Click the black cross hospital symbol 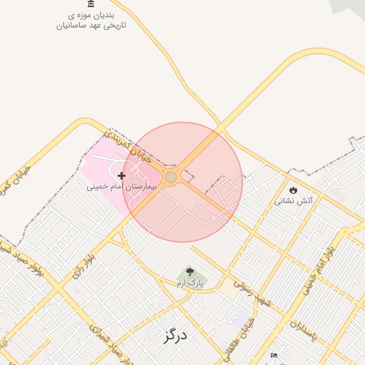(122, 175)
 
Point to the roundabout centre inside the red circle (171, 177)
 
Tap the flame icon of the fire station (294, 190)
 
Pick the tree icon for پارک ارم (190, 272)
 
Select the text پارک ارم (190, 283)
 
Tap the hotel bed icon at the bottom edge (273, 356)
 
